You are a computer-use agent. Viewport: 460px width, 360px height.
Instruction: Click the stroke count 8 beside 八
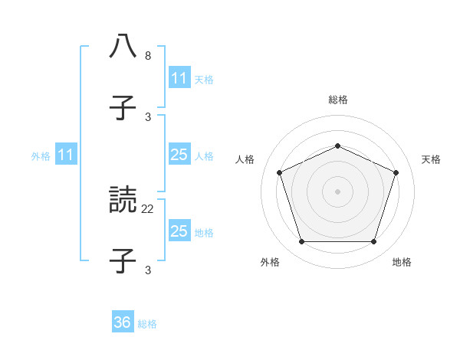click(x=148, y=56)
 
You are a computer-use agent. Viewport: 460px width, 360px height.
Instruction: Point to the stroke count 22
click(x=148, y=208)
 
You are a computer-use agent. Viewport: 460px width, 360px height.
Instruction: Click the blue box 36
click(x=123, y=322)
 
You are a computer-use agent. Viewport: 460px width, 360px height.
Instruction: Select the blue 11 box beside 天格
click(x=179, y=78)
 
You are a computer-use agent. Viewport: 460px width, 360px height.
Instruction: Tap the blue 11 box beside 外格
click(x=66, y=155)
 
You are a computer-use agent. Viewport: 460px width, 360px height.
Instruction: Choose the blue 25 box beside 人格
click(x=179, y=155)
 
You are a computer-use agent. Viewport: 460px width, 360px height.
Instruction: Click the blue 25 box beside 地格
click(x=179, y=231)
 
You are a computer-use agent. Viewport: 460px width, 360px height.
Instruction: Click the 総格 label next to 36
click(x=147, y=323)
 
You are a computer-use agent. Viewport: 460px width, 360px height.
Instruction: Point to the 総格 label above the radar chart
click(x=337, y=100)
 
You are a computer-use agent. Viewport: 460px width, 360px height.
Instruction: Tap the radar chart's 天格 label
click(x=431, y=159)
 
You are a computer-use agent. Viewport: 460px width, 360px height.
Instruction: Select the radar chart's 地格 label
click(x=402, y=262)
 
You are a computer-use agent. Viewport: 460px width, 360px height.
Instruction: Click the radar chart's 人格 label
click(x=245, y=159)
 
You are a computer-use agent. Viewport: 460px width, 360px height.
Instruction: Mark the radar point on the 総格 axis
click(x=337, y=146)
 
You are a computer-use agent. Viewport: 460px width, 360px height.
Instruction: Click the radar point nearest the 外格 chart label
click(x=301, y=242)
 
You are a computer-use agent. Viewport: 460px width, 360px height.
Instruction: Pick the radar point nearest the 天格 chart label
click(x=396, y=172)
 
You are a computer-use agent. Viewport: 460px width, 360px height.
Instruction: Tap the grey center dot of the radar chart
click(x=337, y=191)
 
